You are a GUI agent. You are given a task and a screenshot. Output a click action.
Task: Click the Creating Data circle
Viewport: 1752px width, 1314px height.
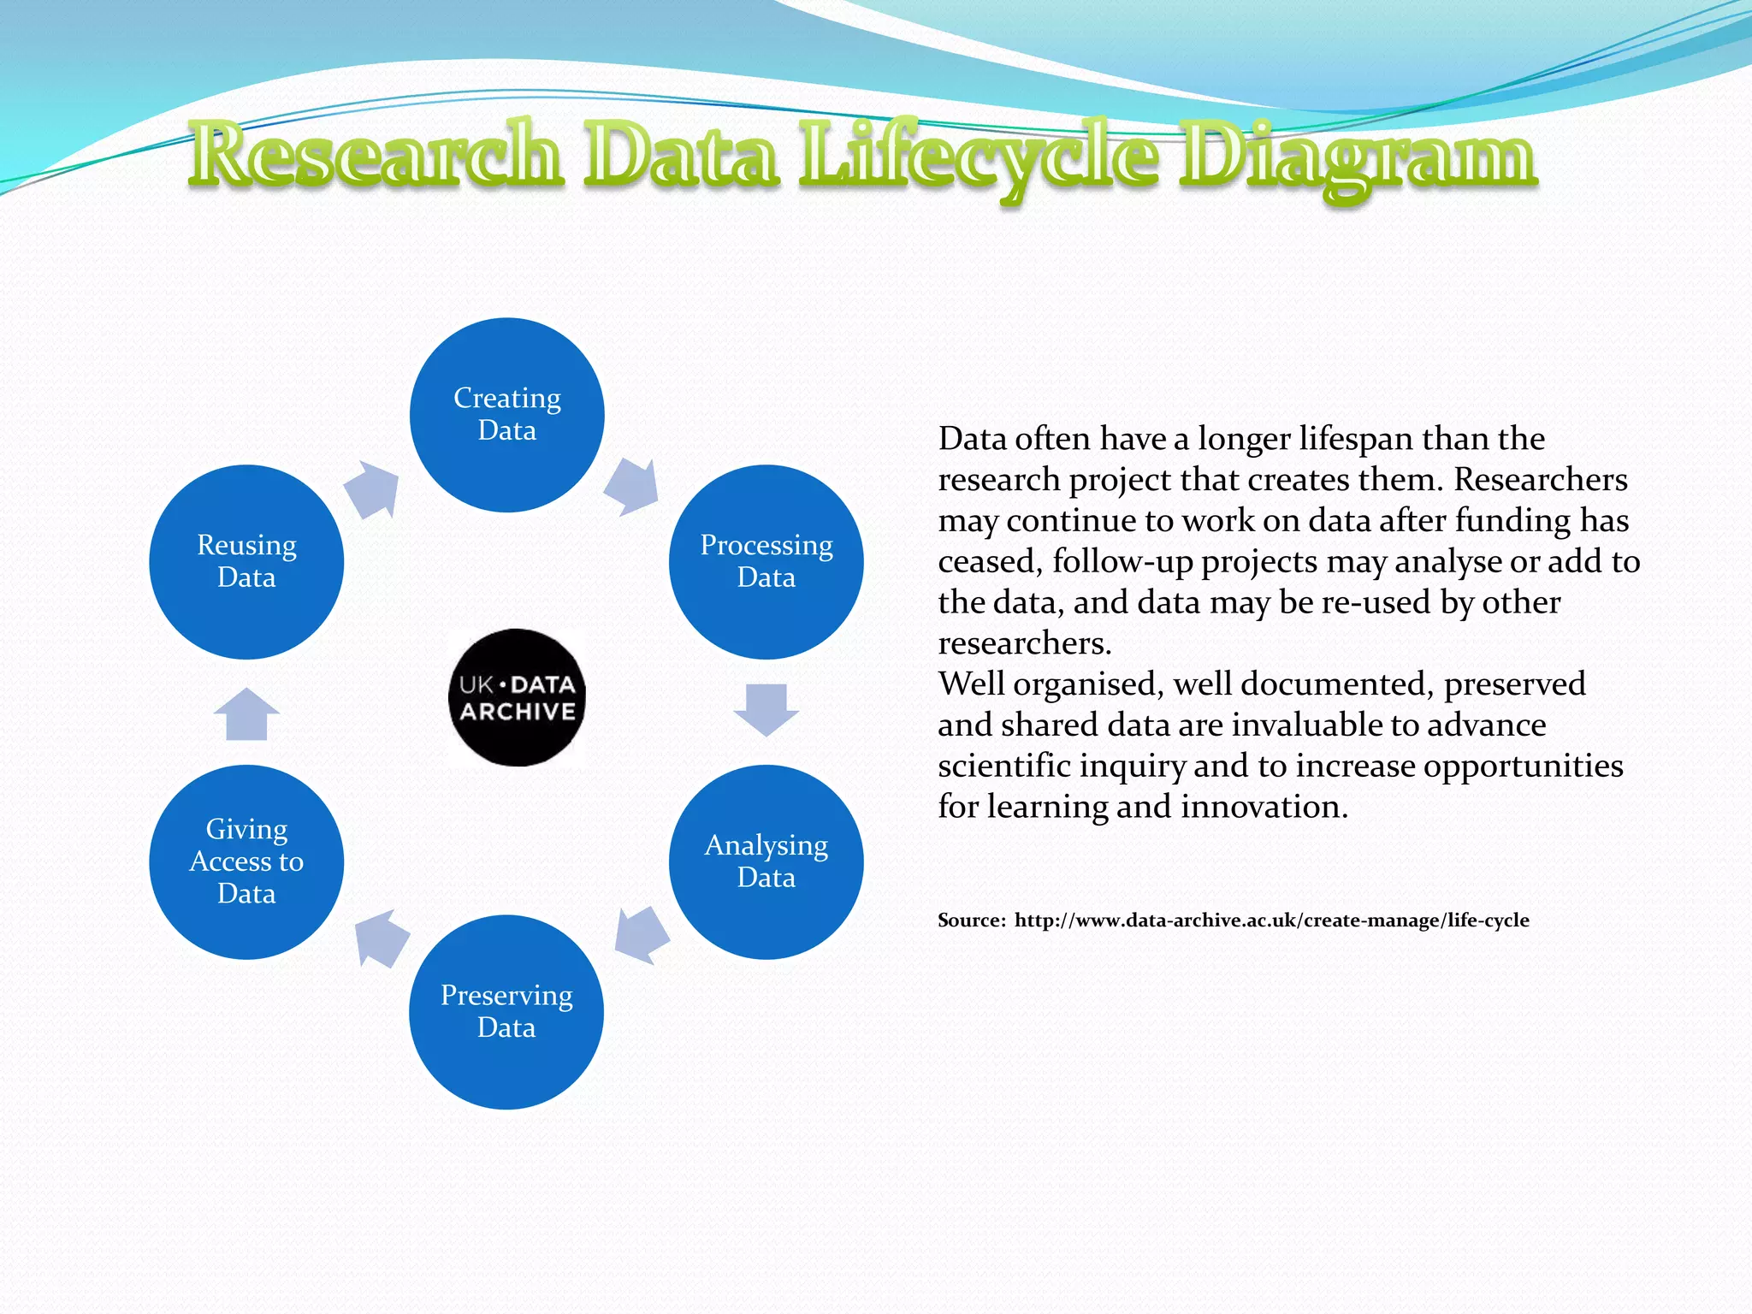pyautogui.click(x=507, y=415)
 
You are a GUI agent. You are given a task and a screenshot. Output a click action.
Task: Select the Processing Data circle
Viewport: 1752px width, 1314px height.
pyautogui.click(x=766, y=562)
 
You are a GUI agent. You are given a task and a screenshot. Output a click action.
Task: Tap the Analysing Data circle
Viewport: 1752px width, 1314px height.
pyautogui.click(x=766, y=861)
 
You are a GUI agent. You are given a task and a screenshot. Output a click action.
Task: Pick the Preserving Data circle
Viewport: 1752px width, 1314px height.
pyautogui.click(x=506, y=1012)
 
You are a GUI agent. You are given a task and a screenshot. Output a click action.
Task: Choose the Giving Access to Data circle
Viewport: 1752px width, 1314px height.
pyautogui.click(x=246, y=861)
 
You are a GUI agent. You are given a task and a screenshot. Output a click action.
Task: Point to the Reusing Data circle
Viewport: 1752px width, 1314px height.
pyautogui.click(x=246, y=562)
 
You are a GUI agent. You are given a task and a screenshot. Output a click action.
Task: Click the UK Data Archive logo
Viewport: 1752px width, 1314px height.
pyautogui.click(x=517, y=697)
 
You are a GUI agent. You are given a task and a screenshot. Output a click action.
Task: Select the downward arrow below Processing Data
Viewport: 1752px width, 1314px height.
pyautogui.click(x=766, y=709)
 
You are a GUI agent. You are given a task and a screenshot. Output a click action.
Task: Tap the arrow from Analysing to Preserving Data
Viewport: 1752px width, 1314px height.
pyautogui.click(x=641, y=934)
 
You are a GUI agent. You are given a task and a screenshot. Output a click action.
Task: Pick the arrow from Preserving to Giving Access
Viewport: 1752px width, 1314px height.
pyautogui.click(x=382, y=938)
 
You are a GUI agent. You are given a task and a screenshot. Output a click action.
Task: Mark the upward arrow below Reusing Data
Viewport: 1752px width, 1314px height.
pyautogui.click(x=246, y=714)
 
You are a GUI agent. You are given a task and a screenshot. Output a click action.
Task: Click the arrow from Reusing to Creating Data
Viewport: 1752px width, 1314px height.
pyautogui.click(x=373, y=489)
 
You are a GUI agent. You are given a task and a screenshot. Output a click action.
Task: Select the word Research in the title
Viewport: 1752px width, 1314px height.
pyautogui.click(x=376, y=156)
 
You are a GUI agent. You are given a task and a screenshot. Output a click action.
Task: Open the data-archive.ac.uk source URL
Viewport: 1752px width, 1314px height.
pyautogui.click(x=1271, y=920)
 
